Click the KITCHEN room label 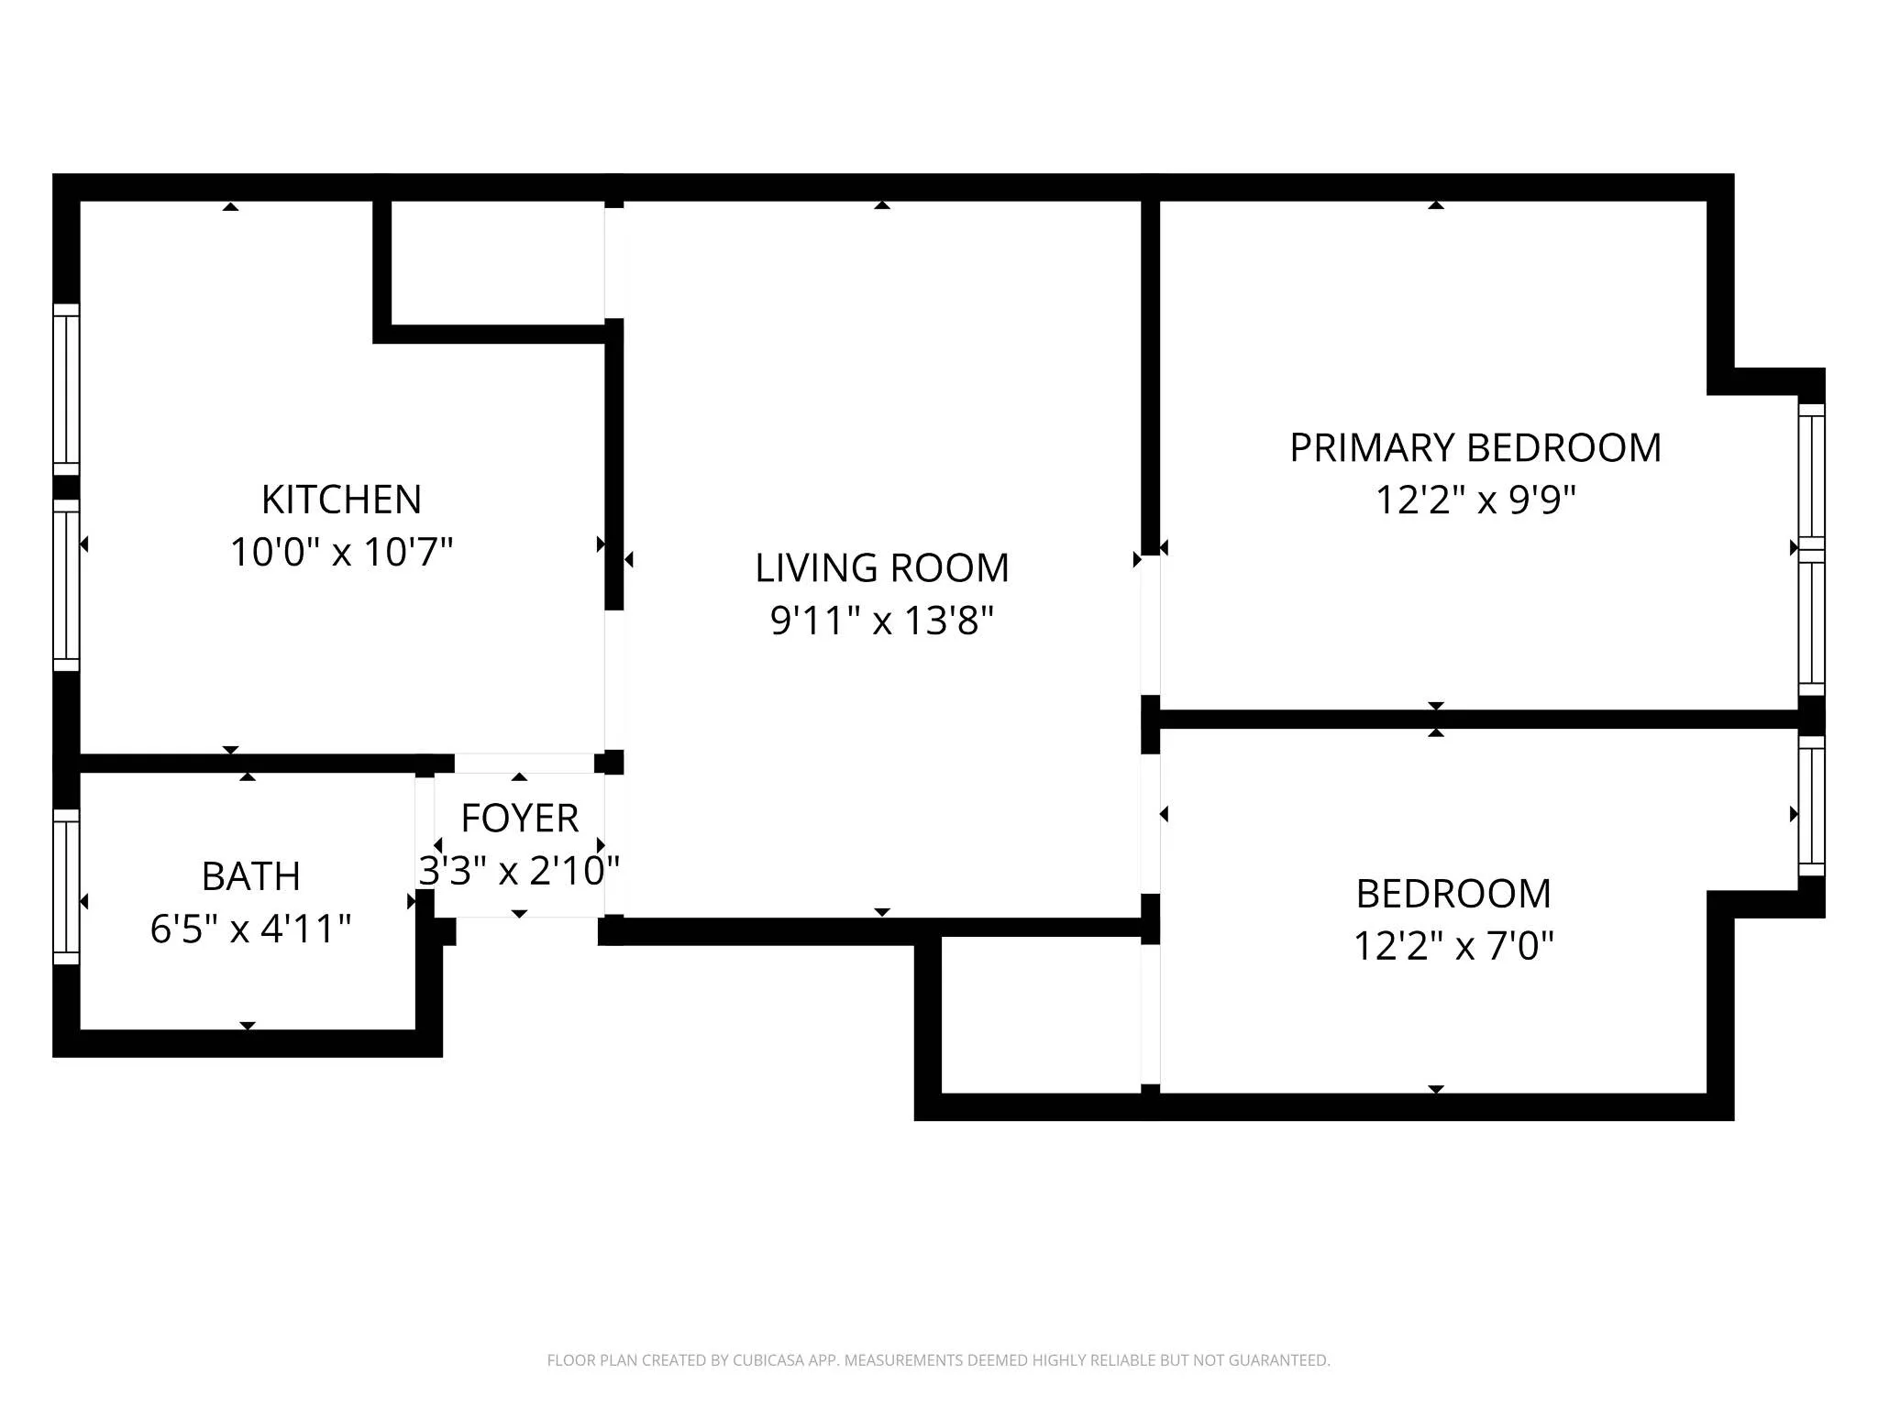[341, 500]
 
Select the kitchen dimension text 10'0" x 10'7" [341, 553]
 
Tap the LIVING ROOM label [881, 568]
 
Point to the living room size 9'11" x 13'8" [881, 621]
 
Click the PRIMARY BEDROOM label [1475, 448]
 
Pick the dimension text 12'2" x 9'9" [1475, 501]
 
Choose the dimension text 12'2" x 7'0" [1453, 946]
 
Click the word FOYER [519, 819]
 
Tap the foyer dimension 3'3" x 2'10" [519, 871]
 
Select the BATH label [250, 877]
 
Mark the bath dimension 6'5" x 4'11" [250, 929]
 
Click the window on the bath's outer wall [66, 886]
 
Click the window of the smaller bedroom [1811, 806]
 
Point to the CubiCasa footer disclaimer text [938, 1360]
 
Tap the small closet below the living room [1040, 1015]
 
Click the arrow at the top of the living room [881, 205]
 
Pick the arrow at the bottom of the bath [247, 1025]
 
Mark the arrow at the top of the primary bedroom [1436, 205]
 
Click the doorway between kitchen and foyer [523, 763]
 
